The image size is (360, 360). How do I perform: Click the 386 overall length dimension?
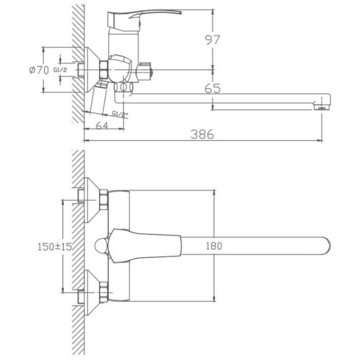coord(202,134)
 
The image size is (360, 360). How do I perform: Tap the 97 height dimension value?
coord(212,40)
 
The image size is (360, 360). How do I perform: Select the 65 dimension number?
coord(212,88)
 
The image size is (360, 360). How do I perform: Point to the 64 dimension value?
coord(102,126)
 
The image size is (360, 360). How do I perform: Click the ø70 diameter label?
coord(39,70)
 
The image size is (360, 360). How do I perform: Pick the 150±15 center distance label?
coord(55,247)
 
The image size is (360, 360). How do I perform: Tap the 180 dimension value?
coord(214,246)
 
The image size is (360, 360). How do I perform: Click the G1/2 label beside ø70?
coord(60,70)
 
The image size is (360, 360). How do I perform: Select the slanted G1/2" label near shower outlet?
coord(120,114)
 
